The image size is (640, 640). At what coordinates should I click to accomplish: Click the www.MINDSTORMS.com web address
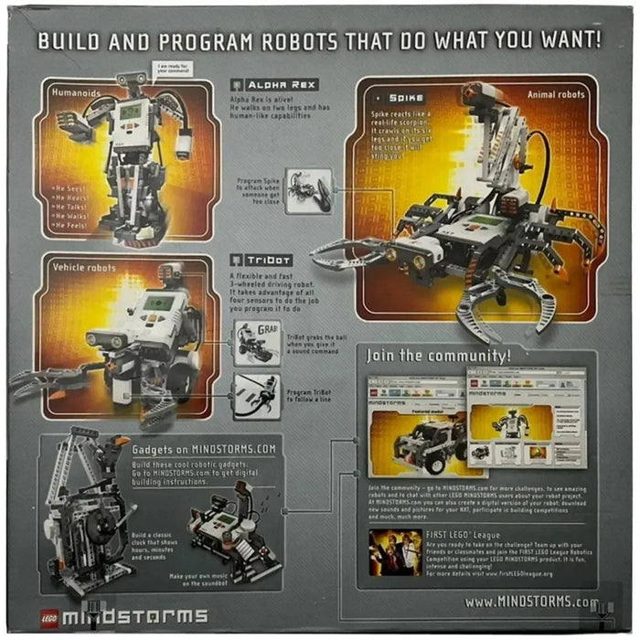point(531,602)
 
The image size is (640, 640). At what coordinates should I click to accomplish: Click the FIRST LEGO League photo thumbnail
point(395,552)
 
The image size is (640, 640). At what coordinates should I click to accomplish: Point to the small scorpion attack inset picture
point(308,190)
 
